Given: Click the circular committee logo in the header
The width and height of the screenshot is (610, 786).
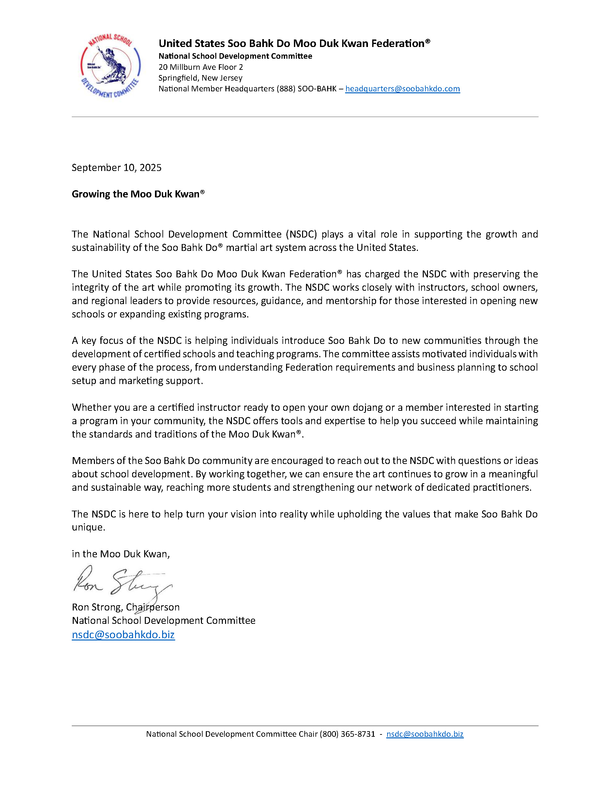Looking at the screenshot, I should click(110, 66).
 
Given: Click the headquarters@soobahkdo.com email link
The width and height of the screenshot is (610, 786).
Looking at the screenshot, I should click(402, 88).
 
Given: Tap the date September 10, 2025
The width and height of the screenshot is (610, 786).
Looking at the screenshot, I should click(116, 168).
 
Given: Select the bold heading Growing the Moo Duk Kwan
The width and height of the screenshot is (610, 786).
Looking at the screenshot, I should click(138, 194).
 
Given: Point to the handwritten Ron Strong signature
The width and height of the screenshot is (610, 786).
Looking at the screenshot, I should click(122, 581).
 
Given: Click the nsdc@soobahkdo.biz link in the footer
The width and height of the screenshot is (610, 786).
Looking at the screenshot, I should click(425, 734).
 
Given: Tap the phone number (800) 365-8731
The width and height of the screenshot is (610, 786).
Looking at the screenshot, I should click(347, 734).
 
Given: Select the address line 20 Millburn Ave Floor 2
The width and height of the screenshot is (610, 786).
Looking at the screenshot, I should click(201, 67).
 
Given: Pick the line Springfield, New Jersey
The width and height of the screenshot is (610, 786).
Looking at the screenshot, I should click(201, 78).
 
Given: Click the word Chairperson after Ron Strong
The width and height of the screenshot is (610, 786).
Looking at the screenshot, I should click(153, 607).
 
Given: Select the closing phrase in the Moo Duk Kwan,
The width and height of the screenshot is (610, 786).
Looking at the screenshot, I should click(121, 554).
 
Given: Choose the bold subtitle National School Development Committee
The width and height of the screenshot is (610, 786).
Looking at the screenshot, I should click(236, 56).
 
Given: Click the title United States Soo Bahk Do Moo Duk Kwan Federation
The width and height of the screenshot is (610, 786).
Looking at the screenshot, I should click(294, 43).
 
